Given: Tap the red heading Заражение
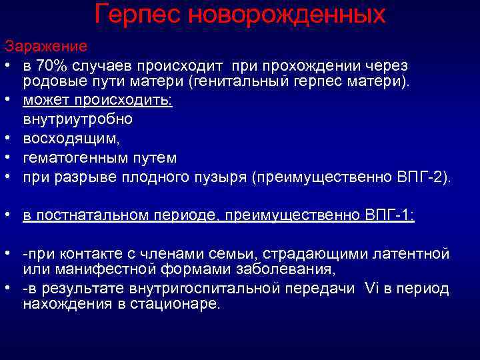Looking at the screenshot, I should (45, 47).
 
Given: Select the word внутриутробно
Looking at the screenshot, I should (78, 120).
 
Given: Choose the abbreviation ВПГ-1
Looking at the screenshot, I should (389, 215).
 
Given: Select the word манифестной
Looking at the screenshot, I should (94, 269).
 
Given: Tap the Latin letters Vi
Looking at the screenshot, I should (371, 289).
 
